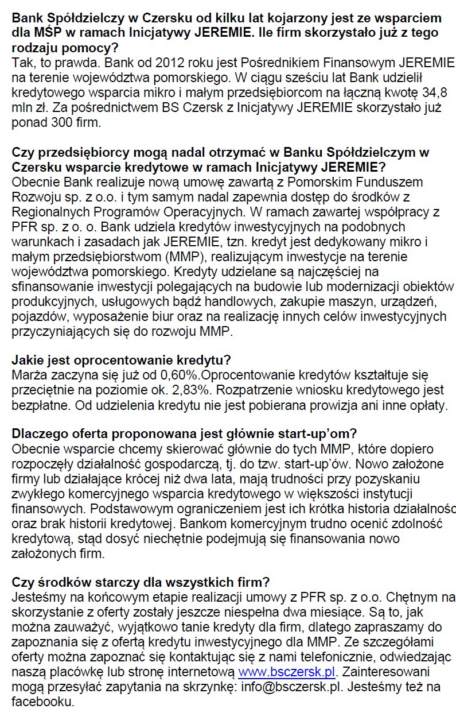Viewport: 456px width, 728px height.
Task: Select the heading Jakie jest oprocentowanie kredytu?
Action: [121, 361]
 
